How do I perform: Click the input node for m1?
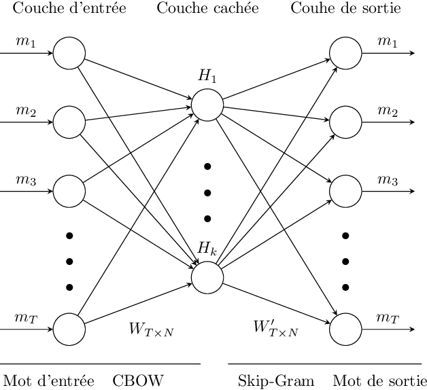69,52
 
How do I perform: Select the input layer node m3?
69,191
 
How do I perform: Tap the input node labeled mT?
69,330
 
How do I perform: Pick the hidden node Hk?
207,277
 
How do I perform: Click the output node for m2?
345,122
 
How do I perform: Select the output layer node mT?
345,330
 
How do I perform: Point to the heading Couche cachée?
207,9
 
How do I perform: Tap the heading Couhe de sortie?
345,9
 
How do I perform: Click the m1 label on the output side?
388,42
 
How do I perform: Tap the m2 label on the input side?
26,111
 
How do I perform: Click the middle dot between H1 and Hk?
207,192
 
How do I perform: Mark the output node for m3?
345,191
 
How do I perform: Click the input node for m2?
69,122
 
